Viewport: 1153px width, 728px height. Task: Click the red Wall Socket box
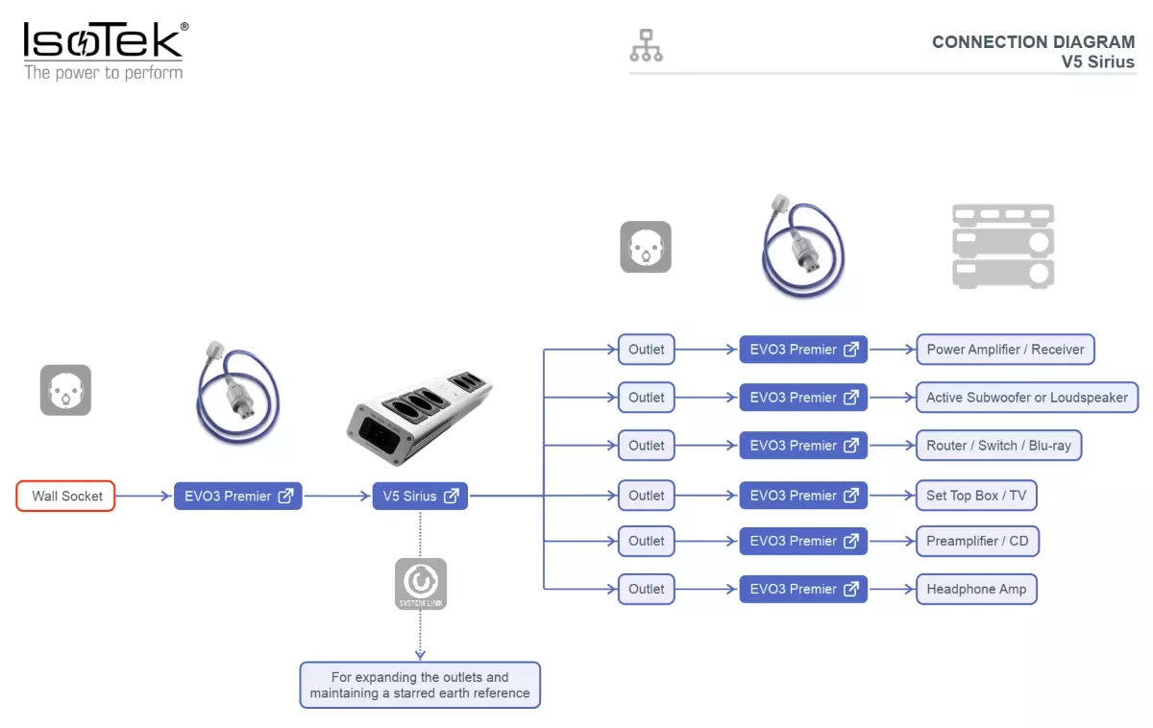(65, 496)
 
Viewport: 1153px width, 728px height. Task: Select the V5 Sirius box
(420, 496)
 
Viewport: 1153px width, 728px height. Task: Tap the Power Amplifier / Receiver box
(1005, 350)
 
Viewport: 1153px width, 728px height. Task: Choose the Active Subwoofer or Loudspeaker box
(1027, 398)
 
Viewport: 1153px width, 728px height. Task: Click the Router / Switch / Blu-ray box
(998, 446)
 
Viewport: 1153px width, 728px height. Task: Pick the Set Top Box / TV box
(976, 496)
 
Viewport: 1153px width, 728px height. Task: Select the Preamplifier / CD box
(977, 541)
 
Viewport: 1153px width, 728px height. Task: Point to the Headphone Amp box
(976, 589)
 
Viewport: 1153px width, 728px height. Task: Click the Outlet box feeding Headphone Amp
(647, 589)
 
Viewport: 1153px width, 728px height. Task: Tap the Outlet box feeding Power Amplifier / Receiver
(647, 350)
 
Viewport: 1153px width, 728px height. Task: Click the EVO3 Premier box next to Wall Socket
(238, 496)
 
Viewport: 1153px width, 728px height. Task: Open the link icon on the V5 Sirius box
(452, 496)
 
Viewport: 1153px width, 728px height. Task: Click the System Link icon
(421, 584)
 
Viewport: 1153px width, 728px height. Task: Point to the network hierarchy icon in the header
(646, 45)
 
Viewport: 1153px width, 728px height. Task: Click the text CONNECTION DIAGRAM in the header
(1033, 41)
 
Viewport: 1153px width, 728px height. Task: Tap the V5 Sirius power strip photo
(419, 417)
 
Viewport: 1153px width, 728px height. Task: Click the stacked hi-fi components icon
(1003, 247)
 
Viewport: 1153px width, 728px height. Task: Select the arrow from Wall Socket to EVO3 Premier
(143, 496)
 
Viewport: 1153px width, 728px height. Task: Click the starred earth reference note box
(420, 685)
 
